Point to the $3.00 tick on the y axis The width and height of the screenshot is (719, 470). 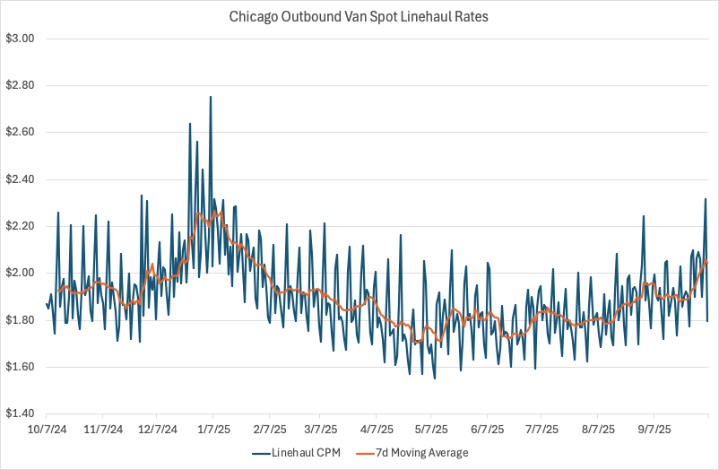click(20, 39)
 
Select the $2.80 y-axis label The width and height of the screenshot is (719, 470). click(20, 85)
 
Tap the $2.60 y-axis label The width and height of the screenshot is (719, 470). click(20, 132)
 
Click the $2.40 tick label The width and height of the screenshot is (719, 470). click(20, 179)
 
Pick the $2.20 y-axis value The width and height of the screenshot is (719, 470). click(20, 226)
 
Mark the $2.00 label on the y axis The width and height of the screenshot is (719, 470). click(20, 273)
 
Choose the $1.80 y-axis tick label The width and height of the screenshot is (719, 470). click(20, 320)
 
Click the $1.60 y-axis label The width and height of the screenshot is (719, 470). click(20, 367)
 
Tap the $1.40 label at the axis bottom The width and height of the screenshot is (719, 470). click(20, 413)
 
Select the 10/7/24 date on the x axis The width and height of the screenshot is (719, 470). click(48, 429)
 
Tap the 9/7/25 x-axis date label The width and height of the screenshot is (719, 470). click(654, 429)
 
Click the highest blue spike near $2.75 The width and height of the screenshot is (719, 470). click(211, 97)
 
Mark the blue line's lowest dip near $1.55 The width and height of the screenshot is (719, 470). click(435, 379)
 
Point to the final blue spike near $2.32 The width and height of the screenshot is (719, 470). click(706, 199)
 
